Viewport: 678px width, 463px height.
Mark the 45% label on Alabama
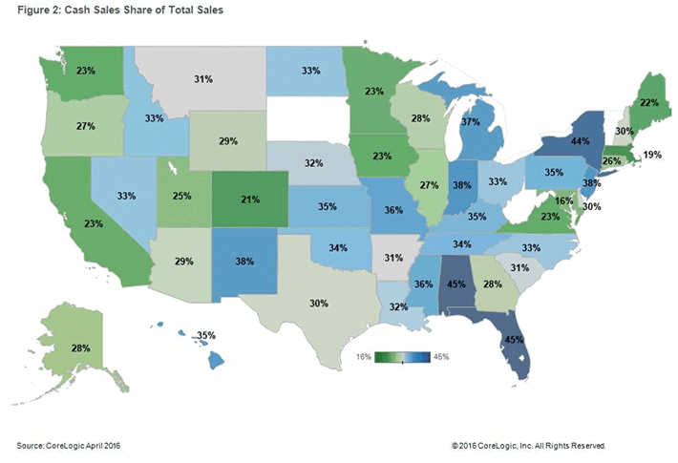pos(456,284)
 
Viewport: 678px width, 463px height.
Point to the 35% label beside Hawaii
pos(206,336)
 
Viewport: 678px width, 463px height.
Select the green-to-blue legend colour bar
pos(403,357)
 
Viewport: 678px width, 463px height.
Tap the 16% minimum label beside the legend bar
pos(365,357)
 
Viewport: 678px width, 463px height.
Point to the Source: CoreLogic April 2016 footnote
pos(69,445)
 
